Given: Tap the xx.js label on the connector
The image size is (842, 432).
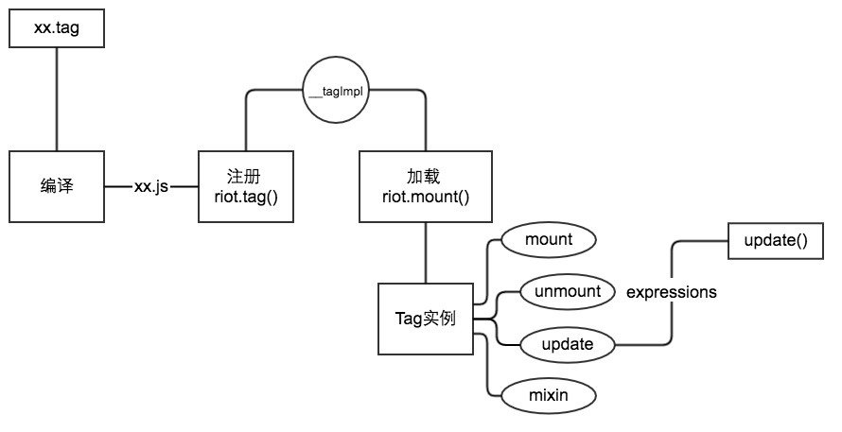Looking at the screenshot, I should [151, 187].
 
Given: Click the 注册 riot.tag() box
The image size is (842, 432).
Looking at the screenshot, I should [245, 186].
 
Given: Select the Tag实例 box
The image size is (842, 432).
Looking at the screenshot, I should [425, 319].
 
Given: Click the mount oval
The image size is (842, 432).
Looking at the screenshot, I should [548, 240].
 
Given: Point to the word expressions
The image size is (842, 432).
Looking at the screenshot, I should [671, 292].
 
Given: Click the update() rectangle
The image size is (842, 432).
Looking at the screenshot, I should [776, 240].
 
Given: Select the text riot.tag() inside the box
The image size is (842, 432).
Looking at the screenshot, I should [245, 196].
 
